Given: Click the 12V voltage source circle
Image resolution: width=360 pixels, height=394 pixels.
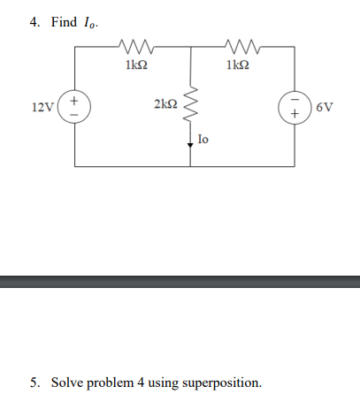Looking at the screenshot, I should (x=74, y=107).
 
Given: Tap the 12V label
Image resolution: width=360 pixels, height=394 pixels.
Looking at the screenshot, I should (x=42, y=108).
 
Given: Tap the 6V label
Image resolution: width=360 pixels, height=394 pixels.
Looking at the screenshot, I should (x=325, y=108).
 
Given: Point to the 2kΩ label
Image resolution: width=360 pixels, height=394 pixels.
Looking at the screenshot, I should (x=165, y=106).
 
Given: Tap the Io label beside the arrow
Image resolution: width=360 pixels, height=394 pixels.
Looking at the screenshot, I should (x=203, y=139).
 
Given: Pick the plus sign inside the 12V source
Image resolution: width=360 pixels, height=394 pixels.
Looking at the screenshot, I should (x=74, y=101).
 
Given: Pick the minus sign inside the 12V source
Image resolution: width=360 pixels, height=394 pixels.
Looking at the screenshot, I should (x=74, y=114).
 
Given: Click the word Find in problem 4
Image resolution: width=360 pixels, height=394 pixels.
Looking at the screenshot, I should (x=65, y=22).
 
